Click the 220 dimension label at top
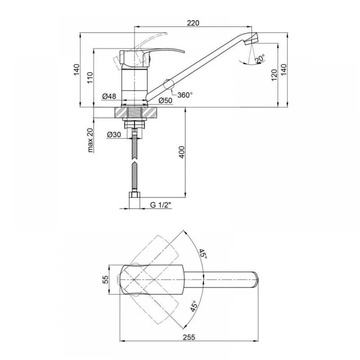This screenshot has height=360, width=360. (x=193, y=23)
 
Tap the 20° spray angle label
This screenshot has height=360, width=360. (x=260, y=58)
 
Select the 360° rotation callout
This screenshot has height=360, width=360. (x=185, y=95)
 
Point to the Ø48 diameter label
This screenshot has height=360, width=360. (x=109, y=96)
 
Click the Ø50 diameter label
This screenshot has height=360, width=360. (x=165, y=100)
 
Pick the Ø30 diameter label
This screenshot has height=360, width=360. (x=114, y=134)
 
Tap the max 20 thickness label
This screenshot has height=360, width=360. (x=90, y=140)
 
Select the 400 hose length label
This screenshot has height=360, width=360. (x=181, y=152)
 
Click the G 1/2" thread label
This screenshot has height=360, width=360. (x=161, y=205)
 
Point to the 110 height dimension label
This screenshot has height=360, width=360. (x=90, y=78)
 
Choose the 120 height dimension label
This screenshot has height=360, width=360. (x=274, y=75)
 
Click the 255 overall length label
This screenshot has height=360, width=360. (x=189, y=337)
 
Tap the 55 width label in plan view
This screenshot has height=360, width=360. (x=105, y=279)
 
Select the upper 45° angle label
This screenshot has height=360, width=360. (x=203, y=254)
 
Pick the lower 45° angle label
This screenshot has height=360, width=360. (x=194, y=306)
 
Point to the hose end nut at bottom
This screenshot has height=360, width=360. (x=135, y=195)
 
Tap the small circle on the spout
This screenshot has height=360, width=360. (x=168, y=84)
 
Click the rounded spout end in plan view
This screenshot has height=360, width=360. (x=256, y=279)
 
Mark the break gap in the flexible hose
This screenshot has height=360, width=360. (x=134, y=161)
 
